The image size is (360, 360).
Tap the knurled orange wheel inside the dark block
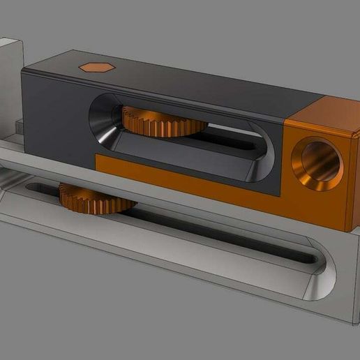[165, 121]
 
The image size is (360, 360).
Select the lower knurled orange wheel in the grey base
[96, 197]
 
